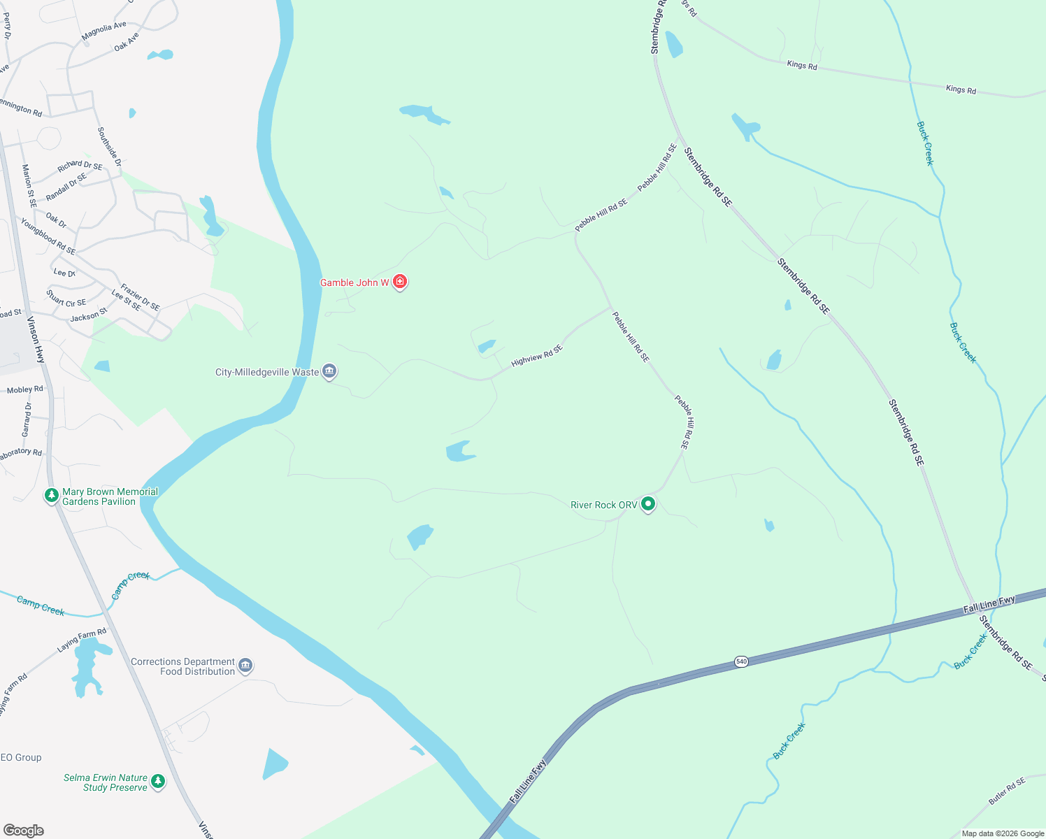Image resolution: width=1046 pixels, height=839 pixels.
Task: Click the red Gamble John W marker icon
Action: tap(400, 282)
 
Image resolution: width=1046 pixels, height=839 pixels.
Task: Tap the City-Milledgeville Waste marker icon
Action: tap(329, 371)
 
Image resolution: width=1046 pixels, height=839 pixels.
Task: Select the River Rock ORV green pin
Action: tap(648, 503)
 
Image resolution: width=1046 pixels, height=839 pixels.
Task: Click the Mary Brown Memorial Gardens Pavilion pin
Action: tap(51, 496)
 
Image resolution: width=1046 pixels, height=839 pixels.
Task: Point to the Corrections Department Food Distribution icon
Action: tap(245, 665)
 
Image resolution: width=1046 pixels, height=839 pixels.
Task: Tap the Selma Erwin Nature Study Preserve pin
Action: tap(159, 781)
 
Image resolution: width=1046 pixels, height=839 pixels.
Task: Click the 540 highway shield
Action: tap(742, 661)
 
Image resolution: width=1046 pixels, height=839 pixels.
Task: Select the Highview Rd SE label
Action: tap(537, 356)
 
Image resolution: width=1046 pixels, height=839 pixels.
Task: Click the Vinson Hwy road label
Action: tap(36, 340)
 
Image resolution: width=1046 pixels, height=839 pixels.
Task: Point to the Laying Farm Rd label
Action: tap(82, 640)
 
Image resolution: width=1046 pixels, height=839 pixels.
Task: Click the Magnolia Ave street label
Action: tap(103, 31)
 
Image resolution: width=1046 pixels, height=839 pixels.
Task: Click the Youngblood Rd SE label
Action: tap(48, 236)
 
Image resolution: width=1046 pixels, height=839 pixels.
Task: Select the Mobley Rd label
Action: tap(24, 390)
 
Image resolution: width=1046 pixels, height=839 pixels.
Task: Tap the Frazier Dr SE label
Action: tap(140, 297)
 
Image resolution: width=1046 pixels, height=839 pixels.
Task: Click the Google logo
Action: tap(24, 831)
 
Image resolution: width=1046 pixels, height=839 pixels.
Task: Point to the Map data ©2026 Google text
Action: tap(1003, 833)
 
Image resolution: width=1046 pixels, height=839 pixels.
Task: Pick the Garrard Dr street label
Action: tap(27, 419)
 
